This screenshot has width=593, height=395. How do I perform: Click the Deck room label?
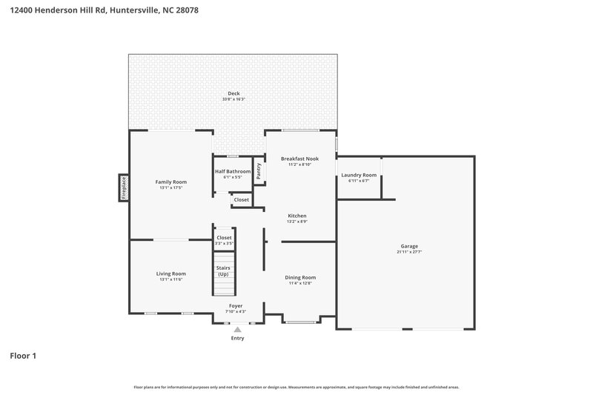tap(233, 93)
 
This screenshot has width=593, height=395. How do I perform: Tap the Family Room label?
tap(170, 182)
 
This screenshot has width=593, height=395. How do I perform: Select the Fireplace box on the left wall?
tap(123, 187)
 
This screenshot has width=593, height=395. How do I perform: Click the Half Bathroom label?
tap(233, 171)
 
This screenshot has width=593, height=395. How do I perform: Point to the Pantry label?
tap(259, 170)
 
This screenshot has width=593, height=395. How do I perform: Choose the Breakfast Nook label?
tap(299, 159)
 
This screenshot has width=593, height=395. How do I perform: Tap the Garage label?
tap(409, 246)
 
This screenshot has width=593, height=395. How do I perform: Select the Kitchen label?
tap(297, 216)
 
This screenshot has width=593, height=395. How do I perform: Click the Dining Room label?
tap(300, 277)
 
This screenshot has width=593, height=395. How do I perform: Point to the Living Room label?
tap(170, 273)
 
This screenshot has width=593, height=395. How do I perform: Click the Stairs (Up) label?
tap(223, 270)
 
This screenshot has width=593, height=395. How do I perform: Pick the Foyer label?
tap(235, 305)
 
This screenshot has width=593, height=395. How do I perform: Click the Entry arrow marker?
tap(237, 330)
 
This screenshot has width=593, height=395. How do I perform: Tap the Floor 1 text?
tap(23, 356)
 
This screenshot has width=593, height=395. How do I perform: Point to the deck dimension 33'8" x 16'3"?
tap(233, 99)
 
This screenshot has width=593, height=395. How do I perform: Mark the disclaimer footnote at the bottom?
tap(296, 387)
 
